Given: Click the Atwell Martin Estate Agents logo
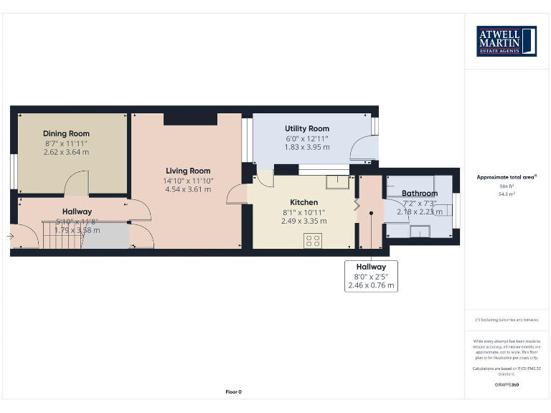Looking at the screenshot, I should [x=507, y=42].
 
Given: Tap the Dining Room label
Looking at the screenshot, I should [x=66, y=133].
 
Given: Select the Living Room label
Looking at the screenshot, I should [x=188, y=171].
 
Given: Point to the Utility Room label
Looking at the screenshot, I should [x=307, y=128].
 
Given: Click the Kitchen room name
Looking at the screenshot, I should [x=303, y=202].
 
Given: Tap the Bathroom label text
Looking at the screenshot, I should [x=420, y=193].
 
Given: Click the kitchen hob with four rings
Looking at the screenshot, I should [x=313, y=242].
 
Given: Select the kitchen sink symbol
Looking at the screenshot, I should [x=335, y=181].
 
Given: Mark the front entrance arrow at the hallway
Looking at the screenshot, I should [x=10, y=235].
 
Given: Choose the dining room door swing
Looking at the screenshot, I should [x=76, y=186].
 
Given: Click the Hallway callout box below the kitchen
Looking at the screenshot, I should [x=371, y=276].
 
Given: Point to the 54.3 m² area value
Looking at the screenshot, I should [x=507, y=194].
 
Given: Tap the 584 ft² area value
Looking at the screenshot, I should [x=507, y=186].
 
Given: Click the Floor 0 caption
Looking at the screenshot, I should [x=233, y=392].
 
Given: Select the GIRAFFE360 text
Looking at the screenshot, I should [x=507, y=385].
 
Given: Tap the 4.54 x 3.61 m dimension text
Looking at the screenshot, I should [x=189, y=190].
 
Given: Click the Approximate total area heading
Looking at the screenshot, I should [x=507, y=176].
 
